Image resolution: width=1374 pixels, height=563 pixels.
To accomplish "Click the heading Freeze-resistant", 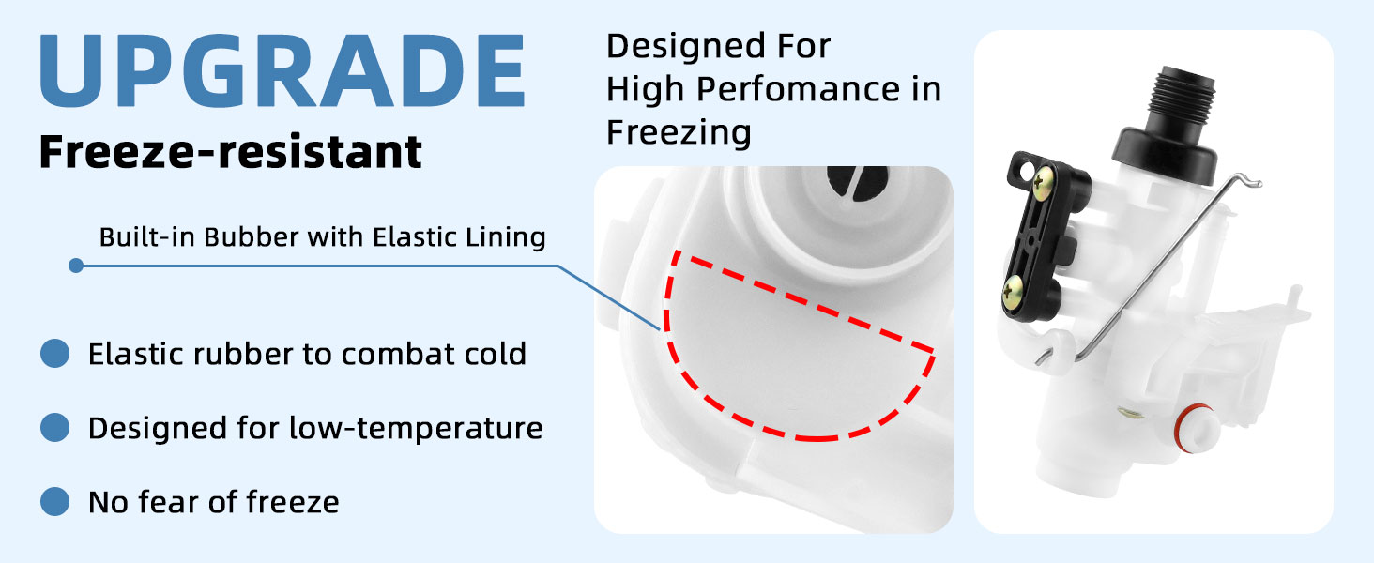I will click(231, 152).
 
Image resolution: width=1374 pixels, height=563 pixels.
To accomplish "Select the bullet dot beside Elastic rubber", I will click(55, 354).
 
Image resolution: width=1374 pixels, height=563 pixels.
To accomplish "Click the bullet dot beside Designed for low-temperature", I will click(55, 428).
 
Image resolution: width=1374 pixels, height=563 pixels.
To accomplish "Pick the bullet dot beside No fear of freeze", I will click(55, 502).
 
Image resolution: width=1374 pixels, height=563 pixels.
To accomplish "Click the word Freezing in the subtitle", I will click(679, 132).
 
